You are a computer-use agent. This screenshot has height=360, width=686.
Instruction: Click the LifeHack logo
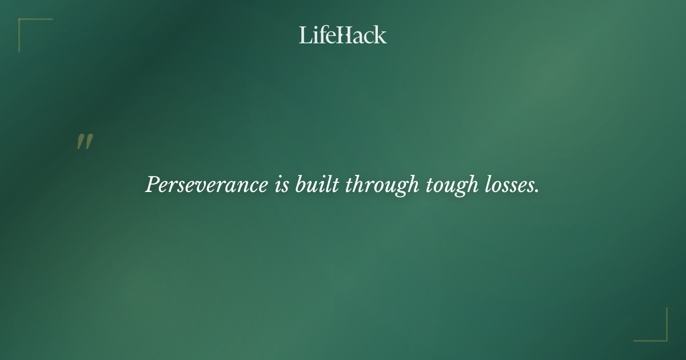[x=343, y=35]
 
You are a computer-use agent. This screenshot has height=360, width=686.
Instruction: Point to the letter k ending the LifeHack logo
[x=381, y=35]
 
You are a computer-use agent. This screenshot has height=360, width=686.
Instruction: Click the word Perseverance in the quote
[x=206, y=185]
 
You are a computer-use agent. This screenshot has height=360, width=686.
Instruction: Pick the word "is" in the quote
[x=281, y=185]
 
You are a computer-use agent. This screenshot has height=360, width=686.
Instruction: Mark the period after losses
[x=537, y=191]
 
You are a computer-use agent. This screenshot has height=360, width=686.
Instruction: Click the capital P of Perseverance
[x=152, y=185]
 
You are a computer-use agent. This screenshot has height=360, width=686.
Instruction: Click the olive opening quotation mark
[x=85, y=142]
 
